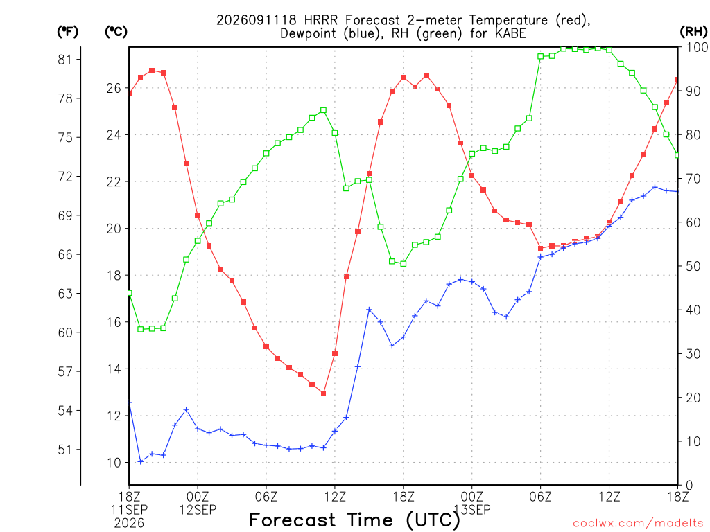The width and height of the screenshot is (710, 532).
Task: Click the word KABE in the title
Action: tap(511, 33)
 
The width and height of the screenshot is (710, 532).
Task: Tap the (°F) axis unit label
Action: tap(67, 32)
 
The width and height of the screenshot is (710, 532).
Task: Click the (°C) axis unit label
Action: tap(116, 32)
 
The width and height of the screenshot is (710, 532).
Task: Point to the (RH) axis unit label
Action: tap(693, 32)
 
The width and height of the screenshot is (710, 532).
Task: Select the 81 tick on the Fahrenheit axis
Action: tap(64, 60)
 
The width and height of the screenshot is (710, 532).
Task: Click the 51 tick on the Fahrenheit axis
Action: tap(64, 450)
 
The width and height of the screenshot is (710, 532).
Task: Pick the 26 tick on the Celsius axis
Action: tap(114, 88)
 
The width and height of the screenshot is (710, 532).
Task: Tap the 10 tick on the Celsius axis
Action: tap(114, 463)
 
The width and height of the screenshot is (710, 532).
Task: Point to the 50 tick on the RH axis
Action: tap(693, 267)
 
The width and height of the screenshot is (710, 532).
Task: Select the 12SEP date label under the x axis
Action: tap(198, 510)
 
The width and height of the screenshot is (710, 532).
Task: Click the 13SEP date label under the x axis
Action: tap(472, 510)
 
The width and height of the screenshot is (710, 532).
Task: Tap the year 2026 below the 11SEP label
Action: tap(129, 524)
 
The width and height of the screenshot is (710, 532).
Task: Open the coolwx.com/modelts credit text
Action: tap(638, 524)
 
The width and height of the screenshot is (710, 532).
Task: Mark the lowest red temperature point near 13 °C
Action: tap(323, 393)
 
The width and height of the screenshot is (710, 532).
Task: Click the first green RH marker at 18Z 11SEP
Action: tap(130, 293)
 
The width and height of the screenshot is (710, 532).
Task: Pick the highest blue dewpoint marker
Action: tap(655, 187)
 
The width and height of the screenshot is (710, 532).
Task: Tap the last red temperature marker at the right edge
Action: tap(677, 80)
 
